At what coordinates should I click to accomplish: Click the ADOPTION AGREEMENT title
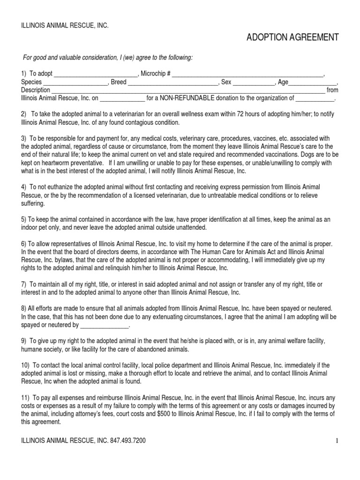(292, 37)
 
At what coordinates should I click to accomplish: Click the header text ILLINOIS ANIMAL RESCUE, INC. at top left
(65, 25)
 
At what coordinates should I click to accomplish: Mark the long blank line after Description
(187, 90)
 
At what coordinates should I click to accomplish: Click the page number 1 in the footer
(337, 441)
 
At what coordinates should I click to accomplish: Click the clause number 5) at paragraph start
(24, 219)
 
